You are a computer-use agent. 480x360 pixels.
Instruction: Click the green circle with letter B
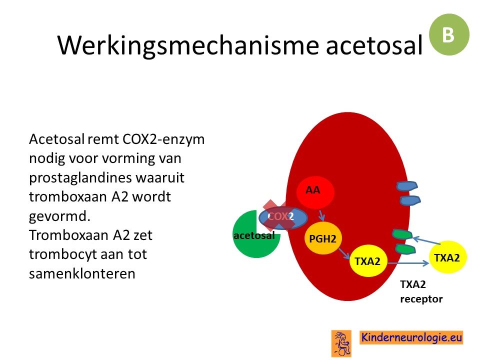(x=449, y=34)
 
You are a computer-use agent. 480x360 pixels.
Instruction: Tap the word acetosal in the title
(x=374, y=45)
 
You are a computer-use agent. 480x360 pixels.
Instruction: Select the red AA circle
(x=315, y=192)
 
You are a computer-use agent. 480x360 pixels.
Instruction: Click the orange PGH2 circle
(x=323, y=238)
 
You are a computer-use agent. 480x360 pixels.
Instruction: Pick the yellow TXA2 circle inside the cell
(x=368, y=261)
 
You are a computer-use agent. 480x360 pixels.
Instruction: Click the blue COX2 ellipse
(x=283, y=217)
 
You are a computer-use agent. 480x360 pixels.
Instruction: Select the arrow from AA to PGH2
(x=321, y=215)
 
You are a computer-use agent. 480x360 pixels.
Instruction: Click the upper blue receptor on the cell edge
(x=407, y=186)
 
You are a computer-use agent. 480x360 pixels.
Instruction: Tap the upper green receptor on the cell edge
(x=402, y=234)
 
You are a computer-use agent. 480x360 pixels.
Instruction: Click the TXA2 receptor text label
(x=421, y=291)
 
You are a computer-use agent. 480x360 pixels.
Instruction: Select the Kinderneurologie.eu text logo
(x=411, y=337)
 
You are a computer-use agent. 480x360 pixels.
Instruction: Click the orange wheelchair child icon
(x=341, y=343)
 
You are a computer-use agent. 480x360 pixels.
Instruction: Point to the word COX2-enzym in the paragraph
(x=163, y=139)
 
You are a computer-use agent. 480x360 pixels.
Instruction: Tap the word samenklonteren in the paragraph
(x=82, y=273)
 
